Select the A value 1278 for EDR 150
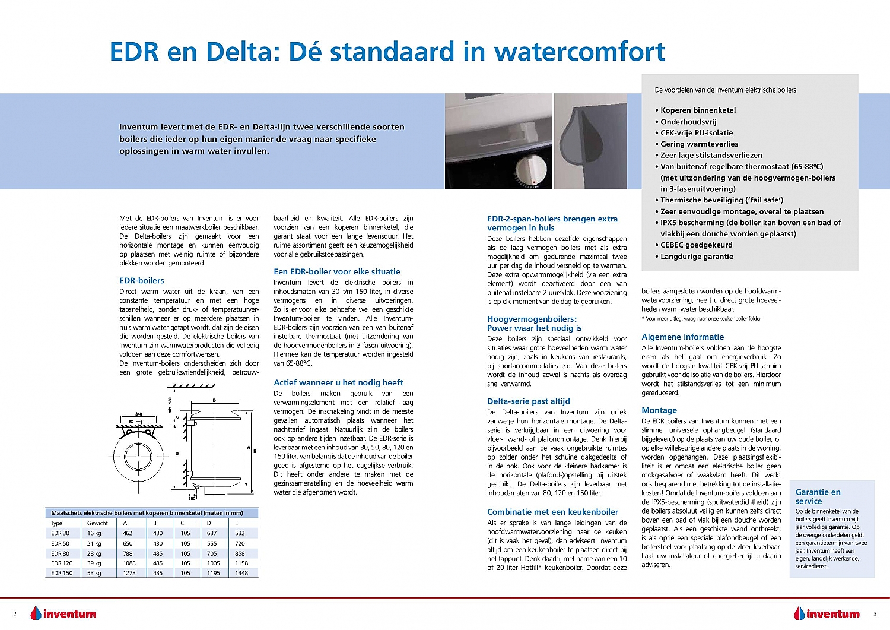[129, 573]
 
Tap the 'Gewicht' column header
[97, 523]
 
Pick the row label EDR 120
[62, 563]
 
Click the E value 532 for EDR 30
[240, 533]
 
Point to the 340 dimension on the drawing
[138, 414]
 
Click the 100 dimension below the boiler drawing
[192, 498]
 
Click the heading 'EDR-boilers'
[142, 281]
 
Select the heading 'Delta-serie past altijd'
[528, 401]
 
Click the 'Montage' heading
[659, 410]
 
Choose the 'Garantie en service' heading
[818, 496]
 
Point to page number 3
[875, 614]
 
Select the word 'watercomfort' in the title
[580, 52]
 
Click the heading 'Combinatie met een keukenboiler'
[552, 512]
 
